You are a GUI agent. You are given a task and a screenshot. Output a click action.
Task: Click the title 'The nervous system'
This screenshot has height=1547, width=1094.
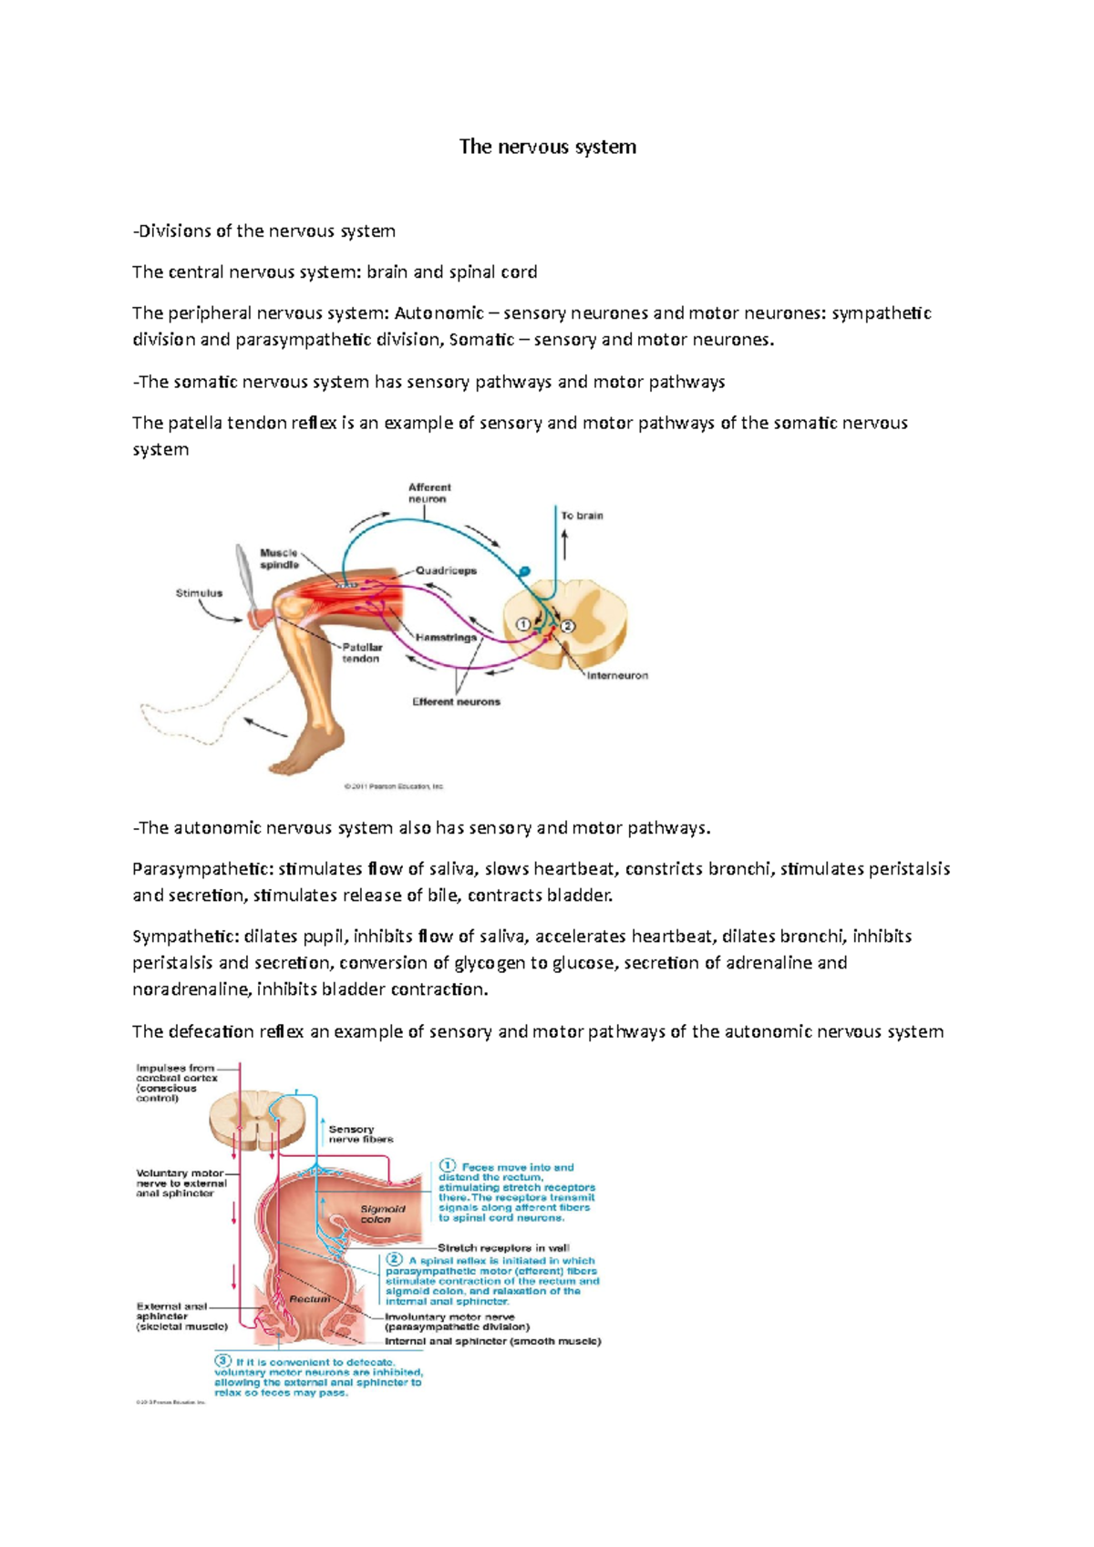coord(547,147)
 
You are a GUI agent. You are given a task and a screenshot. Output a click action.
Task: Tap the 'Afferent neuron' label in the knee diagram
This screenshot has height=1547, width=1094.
coord(428,493)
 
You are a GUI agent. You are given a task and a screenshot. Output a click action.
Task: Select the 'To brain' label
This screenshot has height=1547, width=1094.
coord(582,516)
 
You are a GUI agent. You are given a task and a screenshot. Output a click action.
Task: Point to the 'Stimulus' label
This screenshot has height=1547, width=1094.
coord(199,593)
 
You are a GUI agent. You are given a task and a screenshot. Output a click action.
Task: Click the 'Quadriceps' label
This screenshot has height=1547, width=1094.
coord(446,570)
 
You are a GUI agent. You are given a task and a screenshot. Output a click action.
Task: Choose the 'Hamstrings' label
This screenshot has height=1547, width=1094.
coord(446,638)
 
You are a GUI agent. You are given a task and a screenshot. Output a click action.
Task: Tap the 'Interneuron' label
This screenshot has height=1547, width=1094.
coord(617,676)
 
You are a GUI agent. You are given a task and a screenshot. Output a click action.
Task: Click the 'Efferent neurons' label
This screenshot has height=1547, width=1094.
coord(456,702)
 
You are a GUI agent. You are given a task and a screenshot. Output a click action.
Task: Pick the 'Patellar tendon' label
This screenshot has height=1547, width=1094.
coord(362,652)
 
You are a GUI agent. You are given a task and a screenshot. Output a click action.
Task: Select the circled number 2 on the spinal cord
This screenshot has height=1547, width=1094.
coord(567,626)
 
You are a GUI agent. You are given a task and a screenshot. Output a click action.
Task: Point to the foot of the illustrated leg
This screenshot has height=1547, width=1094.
coord(301,756)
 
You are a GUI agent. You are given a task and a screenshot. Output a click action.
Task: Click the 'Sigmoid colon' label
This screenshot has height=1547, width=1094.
coord(382,1214)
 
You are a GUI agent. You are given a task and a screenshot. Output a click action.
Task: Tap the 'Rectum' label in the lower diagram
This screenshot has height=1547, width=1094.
coord(310,1298)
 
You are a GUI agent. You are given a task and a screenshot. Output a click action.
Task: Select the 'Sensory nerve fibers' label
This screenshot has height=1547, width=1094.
coord(360,1134)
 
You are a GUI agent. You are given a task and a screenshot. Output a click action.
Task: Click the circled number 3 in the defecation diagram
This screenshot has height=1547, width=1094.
coord(222,1361)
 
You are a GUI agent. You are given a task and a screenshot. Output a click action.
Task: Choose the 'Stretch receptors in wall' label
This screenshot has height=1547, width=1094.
coord(503,1248)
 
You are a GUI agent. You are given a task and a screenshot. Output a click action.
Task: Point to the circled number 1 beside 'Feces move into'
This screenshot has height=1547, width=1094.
coord(448,1165)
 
